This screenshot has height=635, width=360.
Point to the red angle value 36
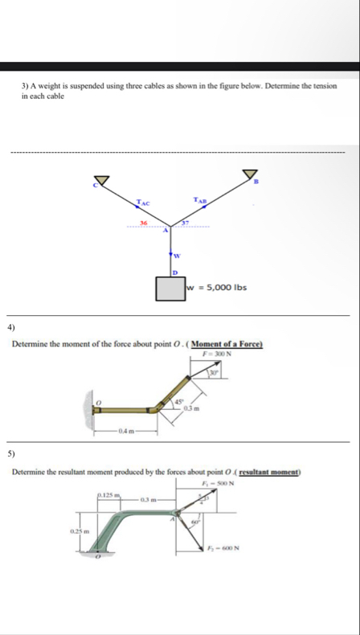click(144, 221)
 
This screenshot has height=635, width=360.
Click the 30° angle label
click(213, 371)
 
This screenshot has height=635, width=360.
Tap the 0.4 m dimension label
click(125, 432)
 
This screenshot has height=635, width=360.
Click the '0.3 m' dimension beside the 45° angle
click(190, 408)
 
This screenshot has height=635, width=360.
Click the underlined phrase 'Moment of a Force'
click(229, 345)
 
